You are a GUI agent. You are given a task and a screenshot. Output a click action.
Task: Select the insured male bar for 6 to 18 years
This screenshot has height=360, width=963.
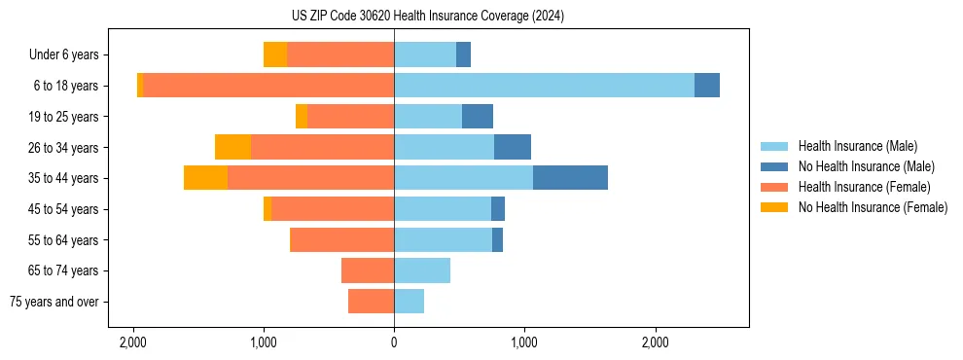tap(544, 86)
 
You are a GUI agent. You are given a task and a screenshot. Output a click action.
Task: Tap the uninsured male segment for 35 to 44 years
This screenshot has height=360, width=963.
tap(570, 178)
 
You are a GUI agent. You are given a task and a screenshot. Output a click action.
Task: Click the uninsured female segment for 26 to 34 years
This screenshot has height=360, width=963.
tap(232, 147)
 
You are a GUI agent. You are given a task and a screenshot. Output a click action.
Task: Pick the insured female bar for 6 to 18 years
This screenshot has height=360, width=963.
tap(268, 86)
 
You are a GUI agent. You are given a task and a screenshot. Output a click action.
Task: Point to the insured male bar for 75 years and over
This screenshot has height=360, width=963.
tap(409, 302)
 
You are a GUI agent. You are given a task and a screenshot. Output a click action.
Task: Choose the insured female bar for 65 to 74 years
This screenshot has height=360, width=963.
tap(368, 270)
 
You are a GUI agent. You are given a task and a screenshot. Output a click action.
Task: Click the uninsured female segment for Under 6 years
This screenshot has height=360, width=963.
tap(275, 54)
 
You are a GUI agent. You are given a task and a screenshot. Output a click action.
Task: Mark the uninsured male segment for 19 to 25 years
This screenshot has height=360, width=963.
tap(478, 117)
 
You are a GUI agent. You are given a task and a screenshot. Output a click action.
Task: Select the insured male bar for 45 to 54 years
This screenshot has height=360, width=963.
tap(443, 209)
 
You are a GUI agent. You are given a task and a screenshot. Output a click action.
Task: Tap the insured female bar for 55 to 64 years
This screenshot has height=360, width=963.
tap(342, 239)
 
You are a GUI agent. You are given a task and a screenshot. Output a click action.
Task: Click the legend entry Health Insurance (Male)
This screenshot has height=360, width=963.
tap(857, 146)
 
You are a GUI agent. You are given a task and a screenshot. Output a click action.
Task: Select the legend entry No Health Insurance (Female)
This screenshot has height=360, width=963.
tap(873, 207)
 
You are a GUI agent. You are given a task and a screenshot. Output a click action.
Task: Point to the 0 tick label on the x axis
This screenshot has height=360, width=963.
tap(394, 342)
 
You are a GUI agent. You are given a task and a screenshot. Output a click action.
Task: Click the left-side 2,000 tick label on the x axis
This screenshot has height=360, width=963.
tap(133, 342)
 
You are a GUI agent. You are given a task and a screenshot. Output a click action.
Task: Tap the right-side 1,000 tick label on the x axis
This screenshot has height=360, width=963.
tap(524, 342)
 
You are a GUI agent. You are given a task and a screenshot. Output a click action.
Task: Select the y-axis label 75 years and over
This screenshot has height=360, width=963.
tap(54, 302)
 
